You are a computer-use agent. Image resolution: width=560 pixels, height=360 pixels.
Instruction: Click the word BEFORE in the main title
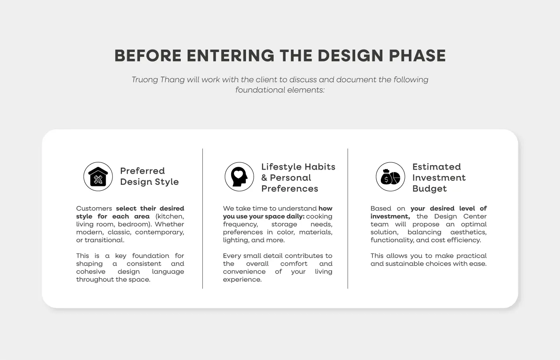tap(148, 56)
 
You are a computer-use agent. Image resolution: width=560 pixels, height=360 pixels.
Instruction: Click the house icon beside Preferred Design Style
tap(98, 176)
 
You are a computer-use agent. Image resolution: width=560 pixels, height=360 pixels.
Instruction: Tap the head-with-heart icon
tap(239, 176)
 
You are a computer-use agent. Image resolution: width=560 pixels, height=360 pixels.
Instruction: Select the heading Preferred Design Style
tap(150, 176)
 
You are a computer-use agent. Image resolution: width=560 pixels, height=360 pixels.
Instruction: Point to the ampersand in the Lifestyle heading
tap(264, 178)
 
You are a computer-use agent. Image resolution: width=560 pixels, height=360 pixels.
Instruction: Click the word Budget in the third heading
tap(430, 189)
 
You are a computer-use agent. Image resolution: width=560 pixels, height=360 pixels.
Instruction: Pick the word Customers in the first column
tap(94, 208)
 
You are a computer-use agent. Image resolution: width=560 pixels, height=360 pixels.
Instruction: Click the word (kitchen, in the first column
tap(170, 216)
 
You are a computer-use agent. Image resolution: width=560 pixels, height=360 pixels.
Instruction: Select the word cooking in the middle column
tap(319, 216)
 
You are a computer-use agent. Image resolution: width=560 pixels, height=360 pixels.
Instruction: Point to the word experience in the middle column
tap(242, 280)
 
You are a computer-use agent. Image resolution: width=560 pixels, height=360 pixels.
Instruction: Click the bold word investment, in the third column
tap(390, 216)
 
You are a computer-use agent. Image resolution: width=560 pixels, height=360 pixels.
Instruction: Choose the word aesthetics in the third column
tap(468, 232)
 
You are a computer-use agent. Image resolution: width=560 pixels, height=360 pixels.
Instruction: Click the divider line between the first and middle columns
tap(202, 219)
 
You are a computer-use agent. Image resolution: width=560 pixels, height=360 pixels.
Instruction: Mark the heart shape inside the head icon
tap(238, 174)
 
